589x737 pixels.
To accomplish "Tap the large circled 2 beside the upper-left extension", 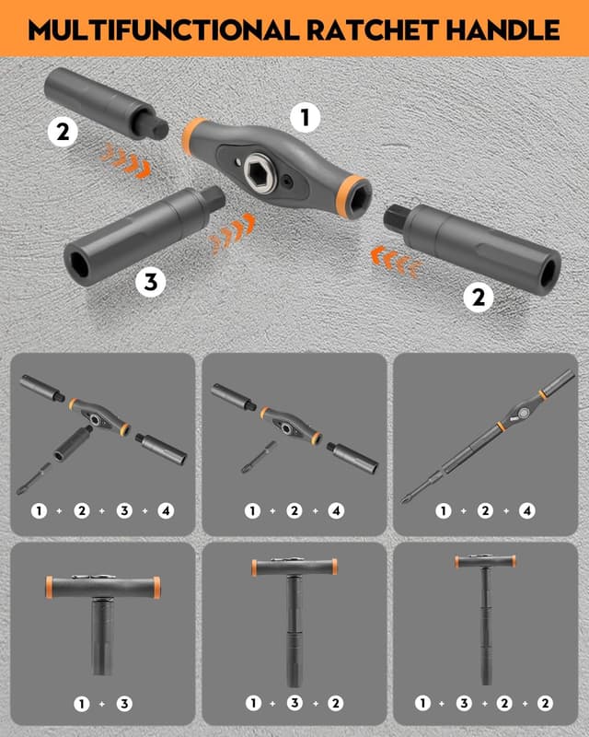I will (x=63, y=133).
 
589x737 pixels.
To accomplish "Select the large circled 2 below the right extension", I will (x=477, y=297).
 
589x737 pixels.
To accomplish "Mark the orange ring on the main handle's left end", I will (x=193, y=133).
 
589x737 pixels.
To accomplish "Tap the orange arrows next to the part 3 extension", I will (x=231, y=234).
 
